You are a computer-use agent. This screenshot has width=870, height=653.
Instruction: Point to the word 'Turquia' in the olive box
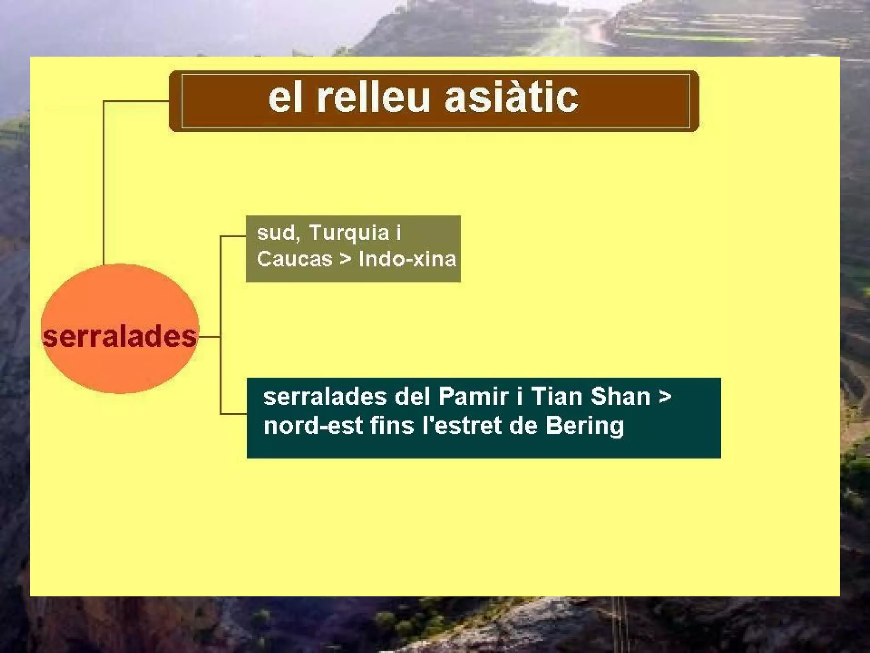tap(349, 233)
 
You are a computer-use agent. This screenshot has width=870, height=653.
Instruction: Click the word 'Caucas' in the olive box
tap(294, 259)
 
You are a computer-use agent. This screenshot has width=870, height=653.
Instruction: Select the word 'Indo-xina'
tap(407, 259)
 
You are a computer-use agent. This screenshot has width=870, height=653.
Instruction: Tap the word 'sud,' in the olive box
tap(278, 233)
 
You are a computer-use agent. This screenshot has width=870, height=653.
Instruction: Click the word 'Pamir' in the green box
tap(473, 397)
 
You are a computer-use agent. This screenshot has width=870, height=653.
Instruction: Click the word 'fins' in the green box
tap(392, 426)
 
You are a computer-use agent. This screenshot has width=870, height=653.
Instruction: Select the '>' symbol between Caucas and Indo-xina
tap(345, 259)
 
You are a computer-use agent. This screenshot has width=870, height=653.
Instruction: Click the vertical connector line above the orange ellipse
tap(104, 183)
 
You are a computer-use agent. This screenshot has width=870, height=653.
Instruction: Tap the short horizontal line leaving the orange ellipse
tap(209, 337)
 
